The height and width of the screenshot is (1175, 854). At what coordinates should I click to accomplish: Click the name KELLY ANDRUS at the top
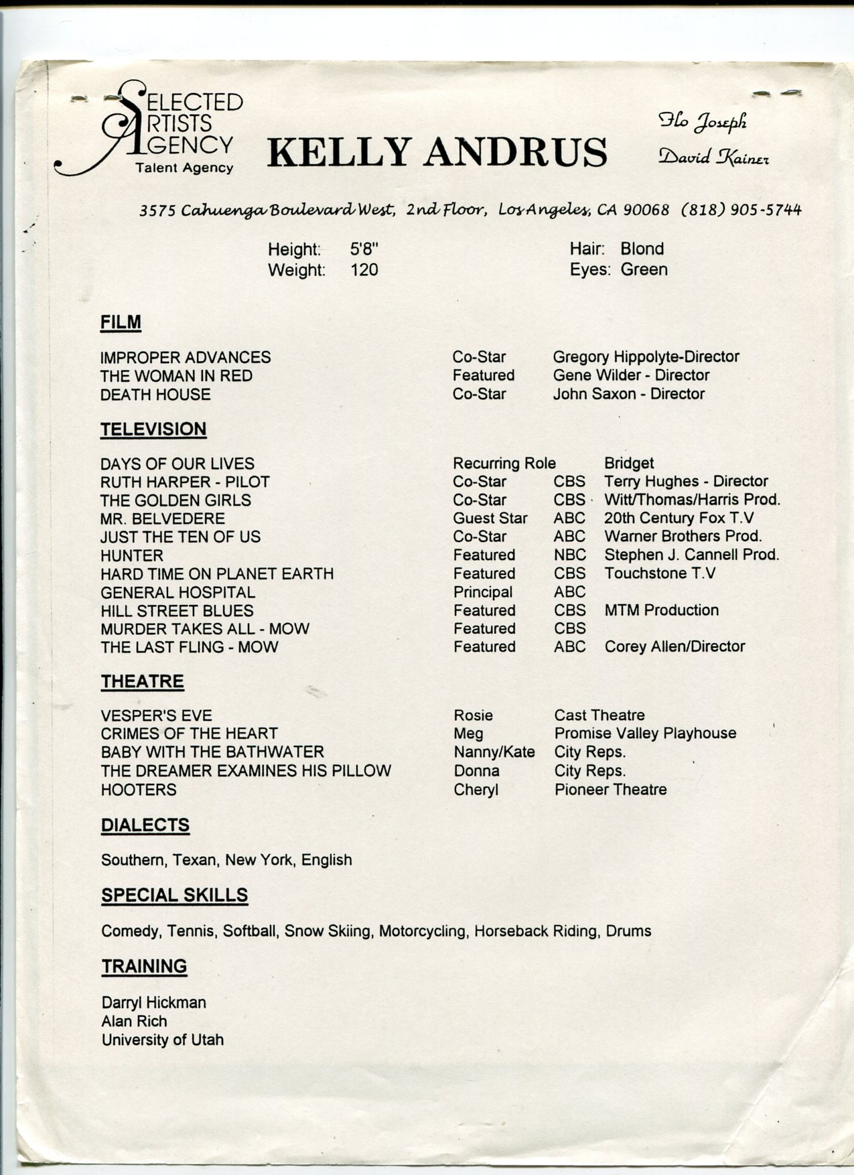[437, 152]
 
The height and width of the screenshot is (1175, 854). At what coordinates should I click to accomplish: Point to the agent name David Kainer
[713, 157]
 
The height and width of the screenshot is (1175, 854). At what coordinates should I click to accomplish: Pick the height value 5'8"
[364, 249]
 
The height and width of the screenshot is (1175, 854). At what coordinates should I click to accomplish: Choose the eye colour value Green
[644, 269]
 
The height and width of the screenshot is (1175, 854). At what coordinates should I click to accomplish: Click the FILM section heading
[121, 322]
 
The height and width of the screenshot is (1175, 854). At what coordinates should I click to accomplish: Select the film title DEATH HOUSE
[155, 395]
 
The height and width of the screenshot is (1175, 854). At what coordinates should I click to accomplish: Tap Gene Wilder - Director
[631, 375]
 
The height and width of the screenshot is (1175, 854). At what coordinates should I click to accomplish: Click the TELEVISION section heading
[153, 429]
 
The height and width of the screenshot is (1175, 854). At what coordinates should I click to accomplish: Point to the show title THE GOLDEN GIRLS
[175, 500]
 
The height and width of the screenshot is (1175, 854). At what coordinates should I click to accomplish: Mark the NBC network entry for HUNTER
[569, 555]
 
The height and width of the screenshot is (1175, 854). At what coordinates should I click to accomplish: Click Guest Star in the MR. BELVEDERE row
[490, 519]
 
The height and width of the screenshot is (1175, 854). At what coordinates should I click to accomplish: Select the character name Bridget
[628, 464]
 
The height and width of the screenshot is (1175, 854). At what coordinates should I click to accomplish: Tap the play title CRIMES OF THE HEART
[189, 734]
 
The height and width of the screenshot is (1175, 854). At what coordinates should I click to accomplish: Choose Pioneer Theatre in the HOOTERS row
[610, 789]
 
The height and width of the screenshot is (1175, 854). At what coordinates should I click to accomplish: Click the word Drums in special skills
[628, 930]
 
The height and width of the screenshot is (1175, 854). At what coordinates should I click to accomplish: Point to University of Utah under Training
[163, 1040]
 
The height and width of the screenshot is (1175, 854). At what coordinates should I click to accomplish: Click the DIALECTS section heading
[145, 825]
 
